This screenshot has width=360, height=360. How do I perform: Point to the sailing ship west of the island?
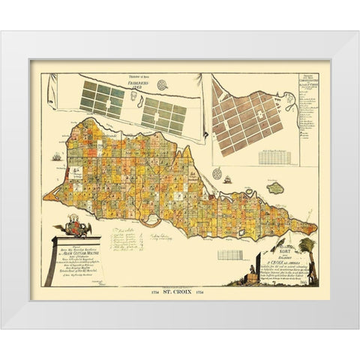pyautogui.click(x=58, y=157)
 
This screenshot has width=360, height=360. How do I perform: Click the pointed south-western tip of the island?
pyautogui.click(x=45, y=199)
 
